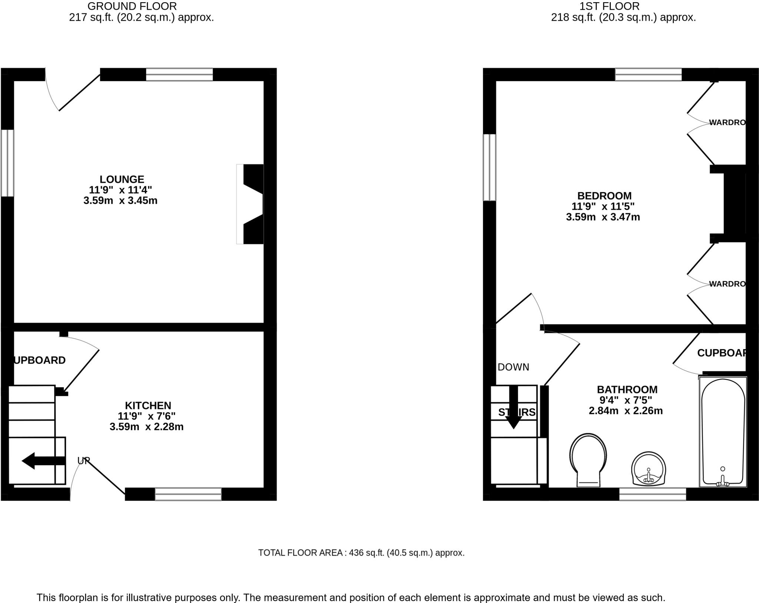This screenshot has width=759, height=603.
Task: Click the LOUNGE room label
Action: [x=122, y=179]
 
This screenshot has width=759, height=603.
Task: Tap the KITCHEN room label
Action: [x=148, y=405]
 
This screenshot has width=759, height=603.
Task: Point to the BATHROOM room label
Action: [x=627, y=390]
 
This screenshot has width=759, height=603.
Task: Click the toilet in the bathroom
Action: [x=588, y=460]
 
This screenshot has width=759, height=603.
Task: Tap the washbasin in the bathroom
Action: [x=649, y=469]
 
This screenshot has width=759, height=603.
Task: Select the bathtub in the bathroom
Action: [x=722, y=432]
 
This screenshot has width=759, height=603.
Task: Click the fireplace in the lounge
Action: [x=251, y=204]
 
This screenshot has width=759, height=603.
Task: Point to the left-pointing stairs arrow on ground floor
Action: [x=43, y=461]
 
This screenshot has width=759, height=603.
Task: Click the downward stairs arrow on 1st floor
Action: [x=514, y=407]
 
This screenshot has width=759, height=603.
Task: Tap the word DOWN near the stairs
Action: [x=513, y=367]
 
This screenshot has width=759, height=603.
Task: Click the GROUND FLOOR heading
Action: [x=132, y=6]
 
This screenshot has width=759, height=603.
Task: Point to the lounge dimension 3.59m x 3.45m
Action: [x=120, y=201]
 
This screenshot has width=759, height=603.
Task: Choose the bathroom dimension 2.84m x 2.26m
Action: [x=626, y=411]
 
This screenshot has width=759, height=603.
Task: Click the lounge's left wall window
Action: [x=7, y=163]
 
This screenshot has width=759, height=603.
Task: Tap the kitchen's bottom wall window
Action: [x=188, y=494]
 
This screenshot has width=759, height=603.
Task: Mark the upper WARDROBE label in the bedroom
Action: [x=727, y=122]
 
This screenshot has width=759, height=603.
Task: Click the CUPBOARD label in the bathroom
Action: [x=721, y=353]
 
